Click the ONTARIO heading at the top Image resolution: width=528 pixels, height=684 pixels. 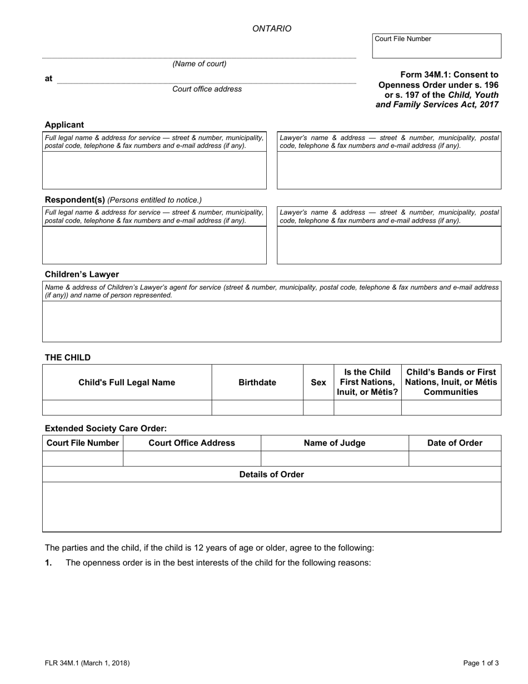271,29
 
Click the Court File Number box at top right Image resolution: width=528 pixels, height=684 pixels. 436,46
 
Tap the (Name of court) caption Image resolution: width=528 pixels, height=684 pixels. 200,64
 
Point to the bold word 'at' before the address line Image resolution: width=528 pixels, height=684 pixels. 48,78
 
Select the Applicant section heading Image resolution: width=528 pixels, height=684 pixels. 64,125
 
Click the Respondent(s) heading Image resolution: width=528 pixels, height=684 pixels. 74,200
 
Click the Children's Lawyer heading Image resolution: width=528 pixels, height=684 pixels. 82,274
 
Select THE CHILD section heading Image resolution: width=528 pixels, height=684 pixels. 67,358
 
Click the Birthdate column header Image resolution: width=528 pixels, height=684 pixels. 257,383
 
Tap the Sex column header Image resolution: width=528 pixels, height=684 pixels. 318,383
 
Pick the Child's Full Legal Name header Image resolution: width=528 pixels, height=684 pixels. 127,383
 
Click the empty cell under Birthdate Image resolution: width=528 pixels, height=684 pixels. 257,408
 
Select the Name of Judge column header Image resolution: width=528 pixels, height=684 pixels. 335,443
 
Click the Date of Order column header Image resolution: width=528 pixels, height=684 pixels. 455,443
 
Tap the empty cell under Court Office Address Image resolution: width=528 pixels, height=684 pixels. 192,459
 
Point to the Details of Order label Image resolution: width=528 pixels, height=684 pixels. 271,474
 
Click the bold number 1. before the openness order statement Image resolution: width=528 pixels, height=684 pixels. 48,563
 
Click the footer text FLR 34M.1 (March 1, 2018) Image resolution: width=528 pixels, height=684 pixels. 87,663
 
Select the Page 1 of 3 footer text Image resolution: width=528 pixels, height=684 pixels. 481,663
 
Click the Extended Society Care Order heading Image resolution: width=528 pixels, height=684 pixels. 106,428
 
